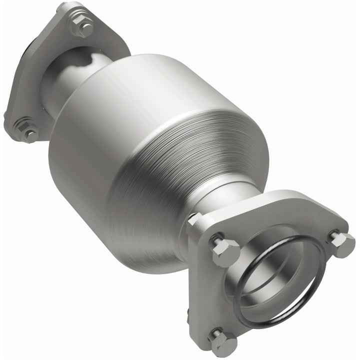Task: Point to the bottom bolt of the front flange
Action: point(223,342)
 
